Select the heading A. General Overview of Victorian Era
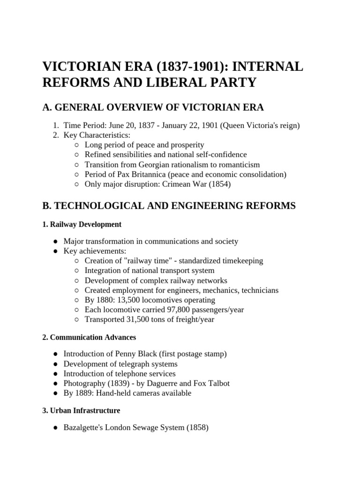[153, 107]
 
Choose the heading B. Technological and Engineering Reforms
[169, 206]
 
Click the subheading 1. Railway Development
[82, 224]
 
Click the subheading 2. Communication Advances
[89, 337]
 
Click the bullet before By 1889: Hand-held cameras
[56, 393]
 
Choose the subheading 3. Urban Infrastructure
[81, 410]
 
